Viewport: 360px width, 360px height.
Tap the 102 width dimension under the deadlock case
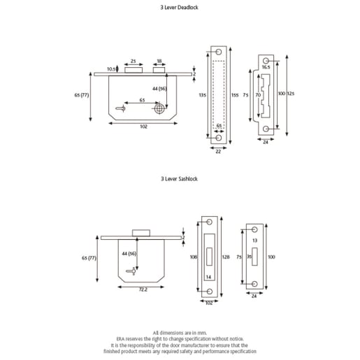click(x=143, y=126)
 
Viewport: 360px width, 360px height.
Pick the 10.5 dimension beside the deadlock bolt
click(x=110, y=69)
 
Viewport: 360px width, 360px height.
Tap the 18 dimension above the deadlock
click(x=159, y=62)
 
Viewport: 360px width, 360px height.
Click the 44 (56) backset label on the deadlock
click(x=158, y=89)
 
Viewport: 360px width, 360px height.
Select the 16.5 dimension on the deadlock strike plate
click(x=266, y=67)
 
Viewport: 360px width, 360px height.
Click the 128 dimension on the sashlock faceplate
click(x=225, y=257)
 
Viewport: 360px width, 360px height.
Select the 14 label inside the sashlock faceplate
click(x=208, y=278)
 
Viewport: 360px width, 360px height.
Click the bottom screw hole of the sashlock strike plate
click(x=255, y=284)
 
